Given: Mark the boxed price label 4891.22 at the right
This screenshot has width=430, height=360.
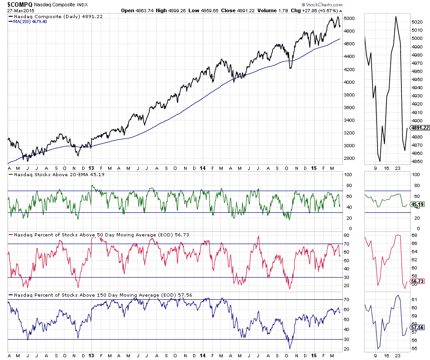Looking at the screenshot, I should pos(419,128).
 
